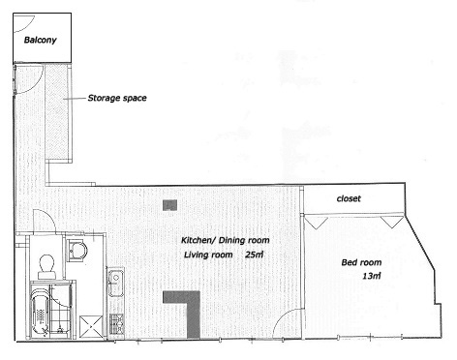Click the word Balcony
[x=41, y=40]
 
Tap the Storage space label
[x=117, y=98]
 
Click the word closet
[x=349, y=198]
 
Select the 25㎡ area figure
[x=255, y=255]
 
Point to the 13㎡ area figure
[x=372, y=276]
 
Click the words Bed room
[x=361, y=262]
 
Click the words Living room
[x=208, y=255]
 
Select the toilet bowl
[x=46, y=266]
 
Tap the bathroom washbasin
[x=77, y=251]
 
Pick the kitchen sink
[x=116, y=284]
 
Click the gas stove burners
[x=116, y=323]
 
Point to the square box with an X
[x=91, y=326]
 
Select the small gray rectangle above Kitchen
[x=169, y=205]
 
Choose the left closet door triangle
[x=317, y=222]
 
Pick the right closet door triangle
[x=392, y=222]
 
